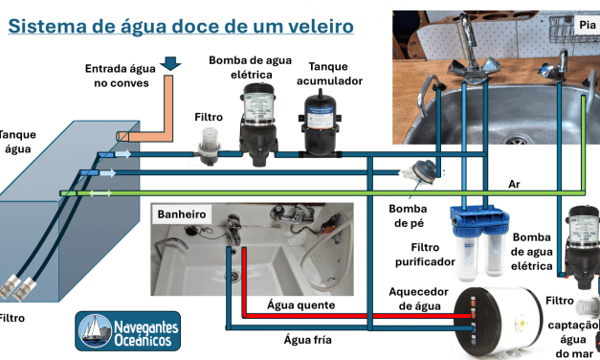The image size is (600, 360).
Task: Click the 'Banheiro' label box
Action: (182, 214)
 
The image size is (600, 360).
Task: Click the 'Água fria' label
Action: (308, 338)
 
